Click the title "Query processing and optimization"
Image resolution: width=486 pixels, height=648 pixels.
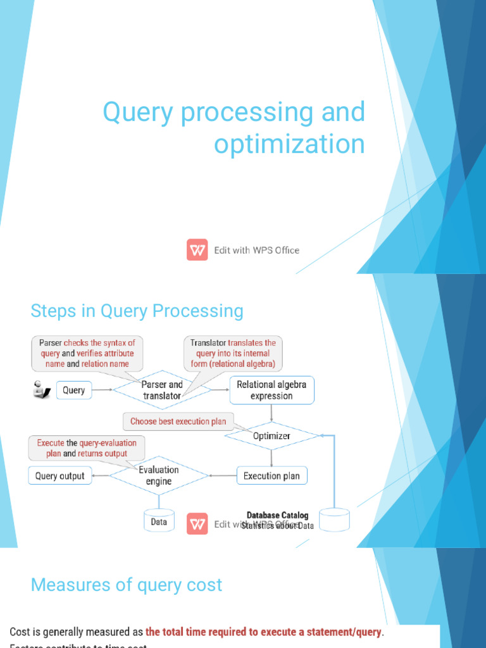(x=234, y=128)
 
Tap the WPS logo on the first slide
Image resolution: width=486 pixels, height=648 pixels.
(x=197, y=250)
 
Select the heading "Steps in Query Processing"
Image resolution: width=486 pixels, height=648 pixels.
(x=137, y=311)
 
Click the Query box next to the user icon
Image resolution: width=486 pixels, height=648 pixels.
(x=74, y=390)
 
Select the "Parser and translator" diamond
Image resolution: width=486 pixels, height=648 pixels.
(x=162, y=390)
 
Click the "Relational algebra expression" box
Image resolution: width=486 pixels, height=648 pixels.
(x=271, y=390)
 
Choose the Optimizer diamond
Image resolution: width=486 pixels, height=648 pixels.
(x=271, y=436)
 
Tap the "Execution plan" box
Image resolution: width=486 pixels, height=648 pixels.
(x=271, y=476)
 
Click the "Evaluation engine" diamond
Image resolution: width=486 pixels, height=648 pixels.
(x=159, y=475)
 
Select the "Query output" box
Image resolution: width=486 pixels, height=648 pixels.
(x=60, y=476)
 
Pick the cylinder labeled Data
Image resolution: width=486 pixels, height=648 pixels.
(x=159, y=521)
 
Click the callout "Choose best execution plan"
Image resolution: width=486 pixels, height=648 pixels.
(x=178, y=421)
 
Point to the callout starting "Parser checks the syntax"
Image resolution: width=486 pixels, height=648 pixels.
(x=87, y=353)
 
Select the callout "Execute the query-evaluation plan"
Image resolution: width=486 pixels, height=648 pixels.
(x=87, y=448)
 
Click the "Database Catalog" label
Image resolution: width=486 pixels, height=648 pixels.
(x=278, y=516)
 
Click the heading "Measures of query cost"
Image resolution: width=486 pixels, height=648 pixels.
(x=127, y=585)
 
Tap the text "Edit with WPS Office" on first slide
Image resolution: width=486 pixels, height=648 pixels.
(x=256, y=250)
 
